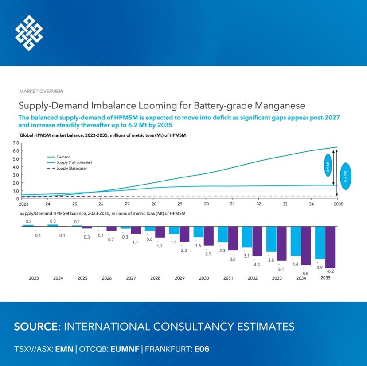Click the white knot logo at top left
point(29,33)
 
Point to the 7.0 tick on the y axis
point(16,143)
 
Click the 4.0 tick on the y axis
point(16,167)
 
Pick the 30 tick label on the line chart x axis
point(206,204)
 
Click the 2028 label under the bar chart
point(155,278)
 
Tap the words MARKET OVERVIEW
point(41,91)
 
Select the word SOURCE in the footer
point(36,327)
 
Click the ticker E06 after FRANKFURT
point(202,349)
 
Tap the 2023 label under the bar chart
point(34,278)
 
